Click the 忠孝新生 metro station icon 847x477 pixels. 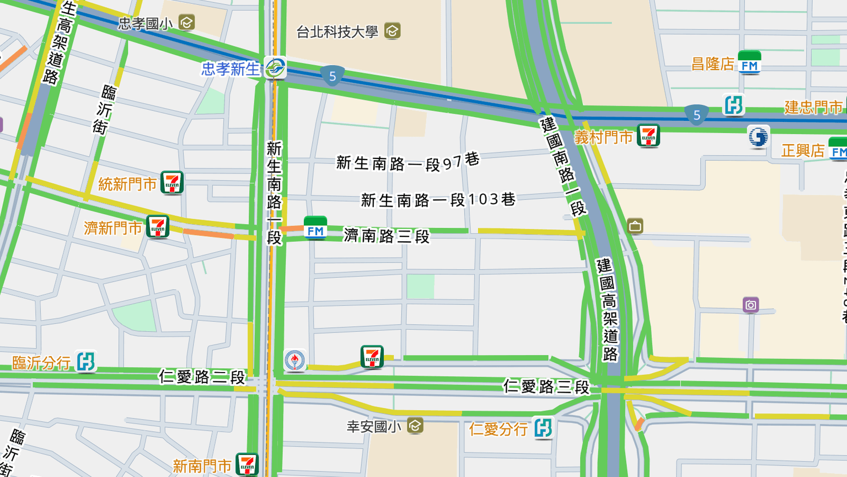[x=275, y=68]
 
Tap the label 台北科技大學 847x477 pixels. [x=337, y=32]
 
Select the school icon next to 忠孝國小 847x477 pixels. [x=187, y=23]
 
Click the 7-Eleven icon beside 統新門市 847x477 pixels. [x=172, y=183]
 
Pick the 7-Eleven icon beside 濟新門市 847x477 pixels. [x=158, y=227]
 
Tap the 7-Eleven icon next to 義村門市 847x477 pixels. [x=648, y=136]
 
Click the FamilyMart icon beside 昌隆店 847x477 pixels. [x=749, y=63]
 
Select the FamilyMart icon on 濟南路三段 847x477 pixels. [x=315, y=229]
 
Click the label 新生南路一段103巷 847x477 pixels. [x=438, y=200]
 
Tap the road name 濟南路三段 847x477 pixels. [x=387, y=236]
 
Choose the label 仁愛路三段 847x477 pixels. [x=546, y=386]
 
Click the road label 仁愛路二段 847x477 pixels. [x=202, y=377]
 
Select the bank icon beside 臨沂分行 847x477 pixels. [x=85, y=362]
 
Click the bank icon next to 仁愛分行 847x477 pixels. [x=543, y=428]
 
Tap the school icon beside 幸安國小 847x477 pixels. [x=415, y=426]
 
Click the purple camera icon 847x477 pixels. [x=750, y=305]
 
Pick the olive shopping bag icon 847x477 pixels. [x=635, y=226]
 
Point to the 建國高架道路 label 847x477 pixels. [x=608, y=310]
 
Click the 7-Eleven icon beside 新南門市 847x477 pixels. [x=247, y=465]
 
